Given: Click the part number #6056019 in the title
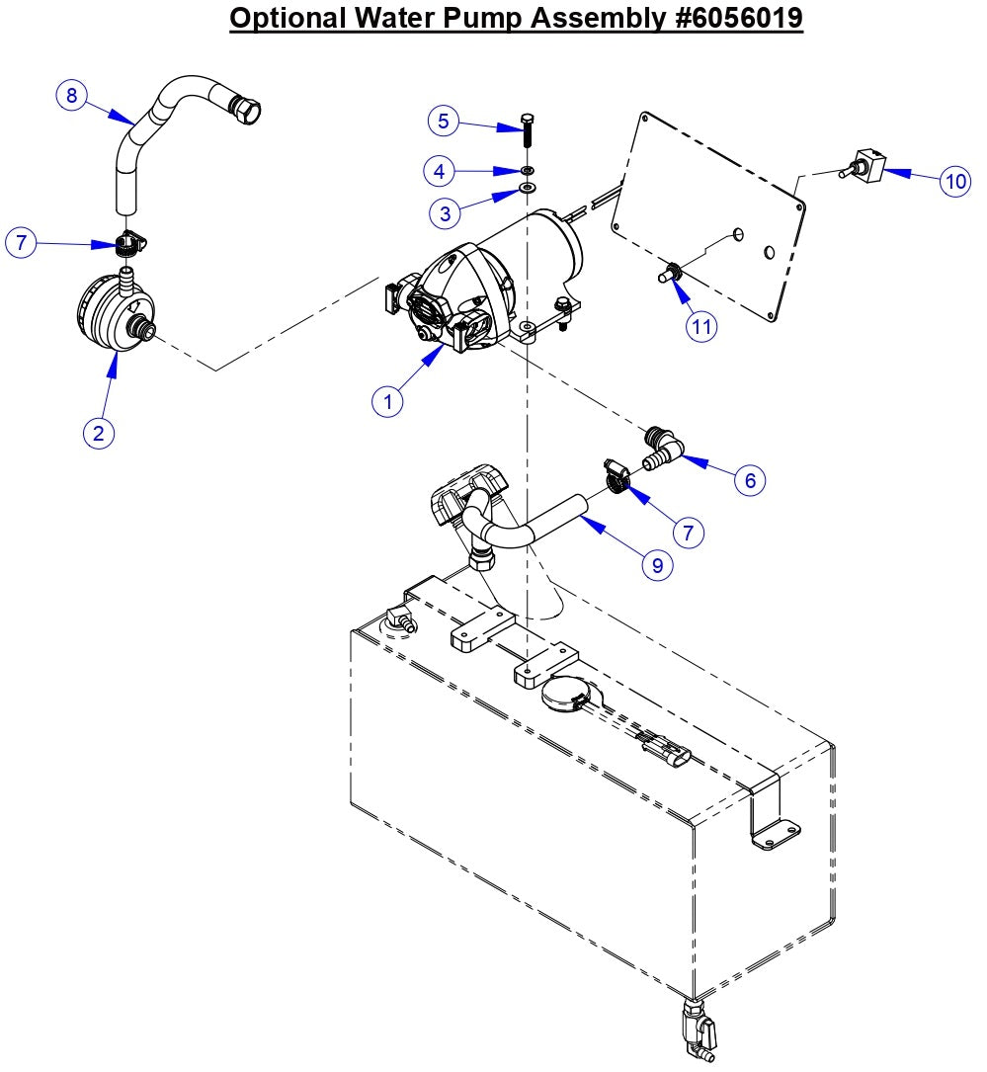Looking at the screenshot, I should [724, 20].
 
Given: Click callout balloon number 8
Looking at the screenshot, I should [70, 96].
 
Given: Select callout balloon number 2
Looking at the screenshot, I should [97, 432].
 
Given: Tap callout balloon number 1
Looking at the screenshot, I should [388, 400].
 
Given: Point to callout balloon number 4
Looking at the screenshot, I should [440, 170].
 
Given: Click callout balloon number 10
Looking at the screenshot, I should [954, 182].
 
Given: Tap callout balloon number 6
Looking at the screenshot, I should [750, 479].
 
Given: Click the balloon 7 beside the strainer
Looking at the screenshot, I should [23, 242].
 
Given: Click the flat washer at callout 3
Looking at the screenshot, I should [527, 188].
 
